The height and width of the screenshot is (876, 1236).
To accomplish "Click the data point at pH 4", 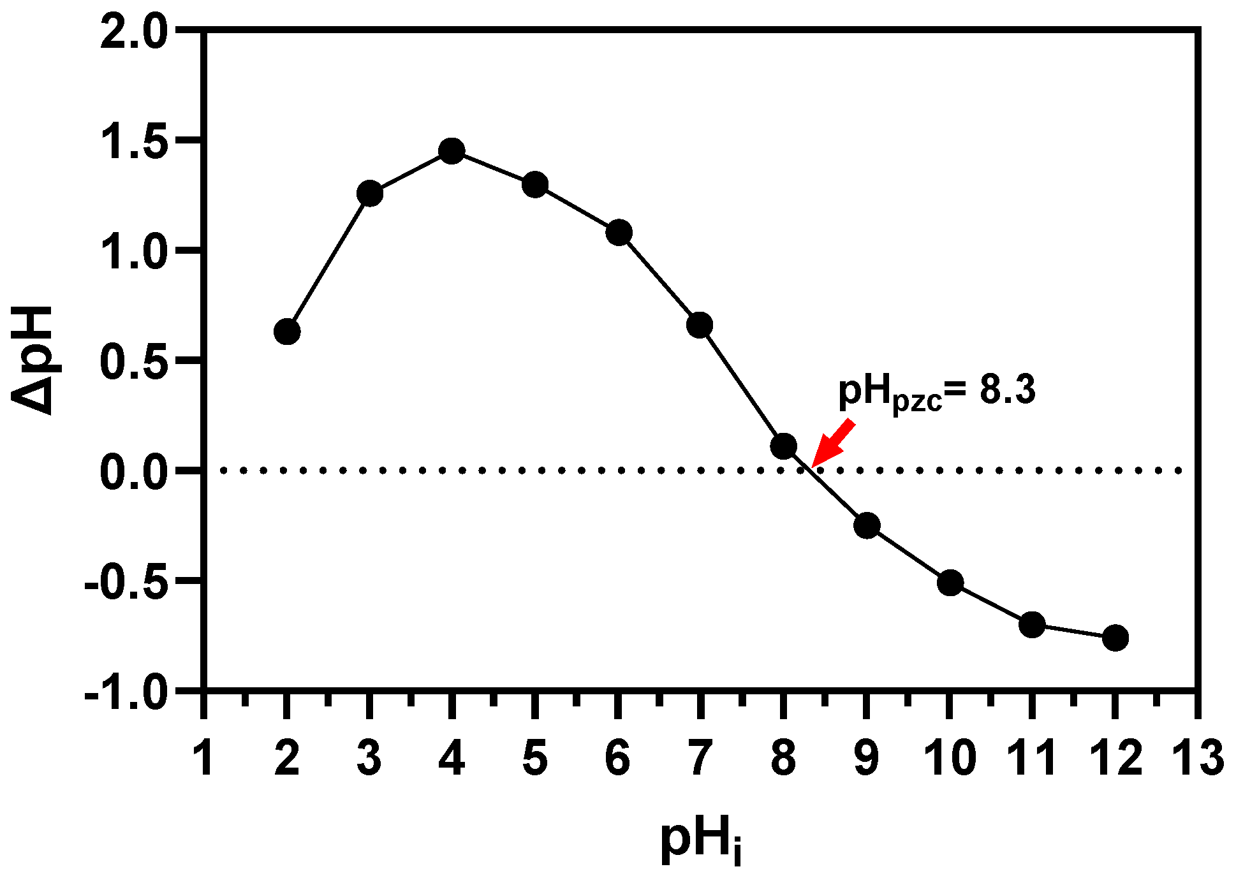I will click(x=452, y=151).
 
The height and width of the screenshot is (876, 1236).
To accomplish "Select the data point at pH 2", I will click(x=287, y=332).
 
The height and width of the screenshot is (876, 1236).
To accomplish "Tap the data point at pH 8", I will click(x=783, y=446).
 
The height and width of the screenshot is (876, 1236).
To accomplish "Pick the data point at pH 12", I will click(x=1115, y=638).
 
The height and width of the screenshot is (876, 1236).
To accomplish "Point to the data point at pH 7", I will click(x=700, y=325).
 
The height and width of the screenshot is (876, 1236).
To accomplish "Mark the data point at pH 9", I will click(x=867, y=525).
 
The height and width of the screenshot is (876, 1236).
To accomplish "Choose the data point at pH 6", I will click(x=618, y=233).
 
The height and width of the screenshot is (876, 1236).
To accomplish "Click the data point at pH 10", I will click(x=950, y=583).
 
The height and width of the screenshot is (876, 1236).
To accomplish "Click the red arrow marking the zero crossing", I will click(x=832, y=444).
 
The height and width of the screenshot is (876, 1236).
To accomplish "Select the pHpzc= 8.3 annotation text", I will click(x=936, y=391).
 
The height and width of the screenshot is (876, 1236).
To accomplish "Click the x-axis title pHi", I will click(x=700, y=841).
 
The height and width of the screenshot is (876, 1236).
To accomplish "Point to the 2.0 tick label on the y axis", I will click(x=134, y=31).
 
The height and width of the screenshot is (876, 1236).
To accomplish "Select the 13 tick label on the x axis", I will click(x=1197, y=759).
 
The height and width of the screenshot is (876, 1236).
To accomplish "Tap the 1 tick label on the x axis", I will click(x=204, y=759).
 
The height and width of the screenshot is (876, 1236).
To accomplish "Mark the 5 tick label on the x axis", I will click(x=534, y=759).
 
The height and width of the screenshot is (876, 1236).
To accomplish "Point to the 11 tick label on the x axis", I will click(x=1031, y=759).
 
